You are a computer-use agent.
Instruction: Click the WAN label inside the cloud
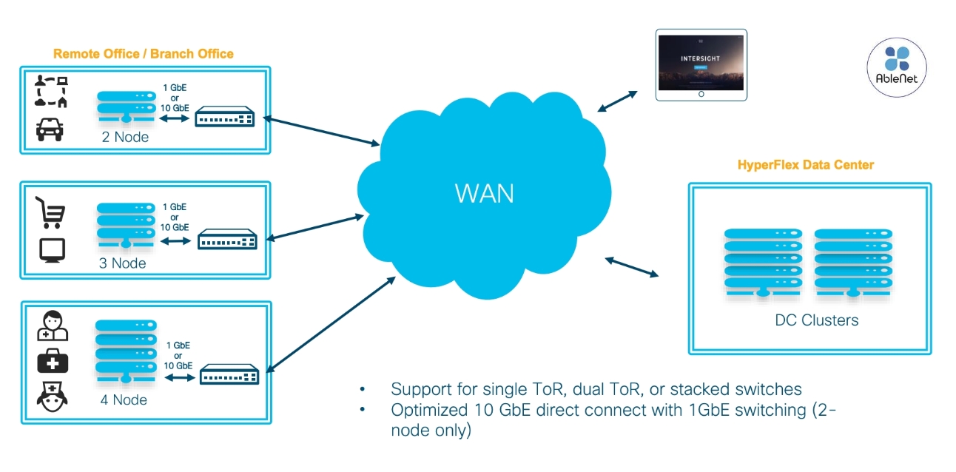pos(485,194)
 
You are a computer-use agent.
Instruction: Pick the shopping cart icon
pos(51,212)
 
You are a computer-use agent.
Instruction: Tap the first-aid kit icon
pos(53,362)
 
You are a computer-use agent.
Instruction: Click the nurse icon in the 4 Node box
pos(53,398)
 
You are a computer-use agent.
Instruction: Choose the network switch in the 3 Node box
pos(227,240)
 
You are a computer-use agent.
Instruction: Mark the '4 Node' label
pos(123,400)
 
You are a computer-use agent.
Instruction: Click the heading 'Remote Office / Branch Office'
pos(144,53)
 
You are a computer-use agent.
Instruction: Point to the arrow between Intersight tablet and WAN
pos(617,101)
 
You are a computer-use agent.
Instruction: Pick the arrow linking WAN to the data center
pos(632,267)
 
